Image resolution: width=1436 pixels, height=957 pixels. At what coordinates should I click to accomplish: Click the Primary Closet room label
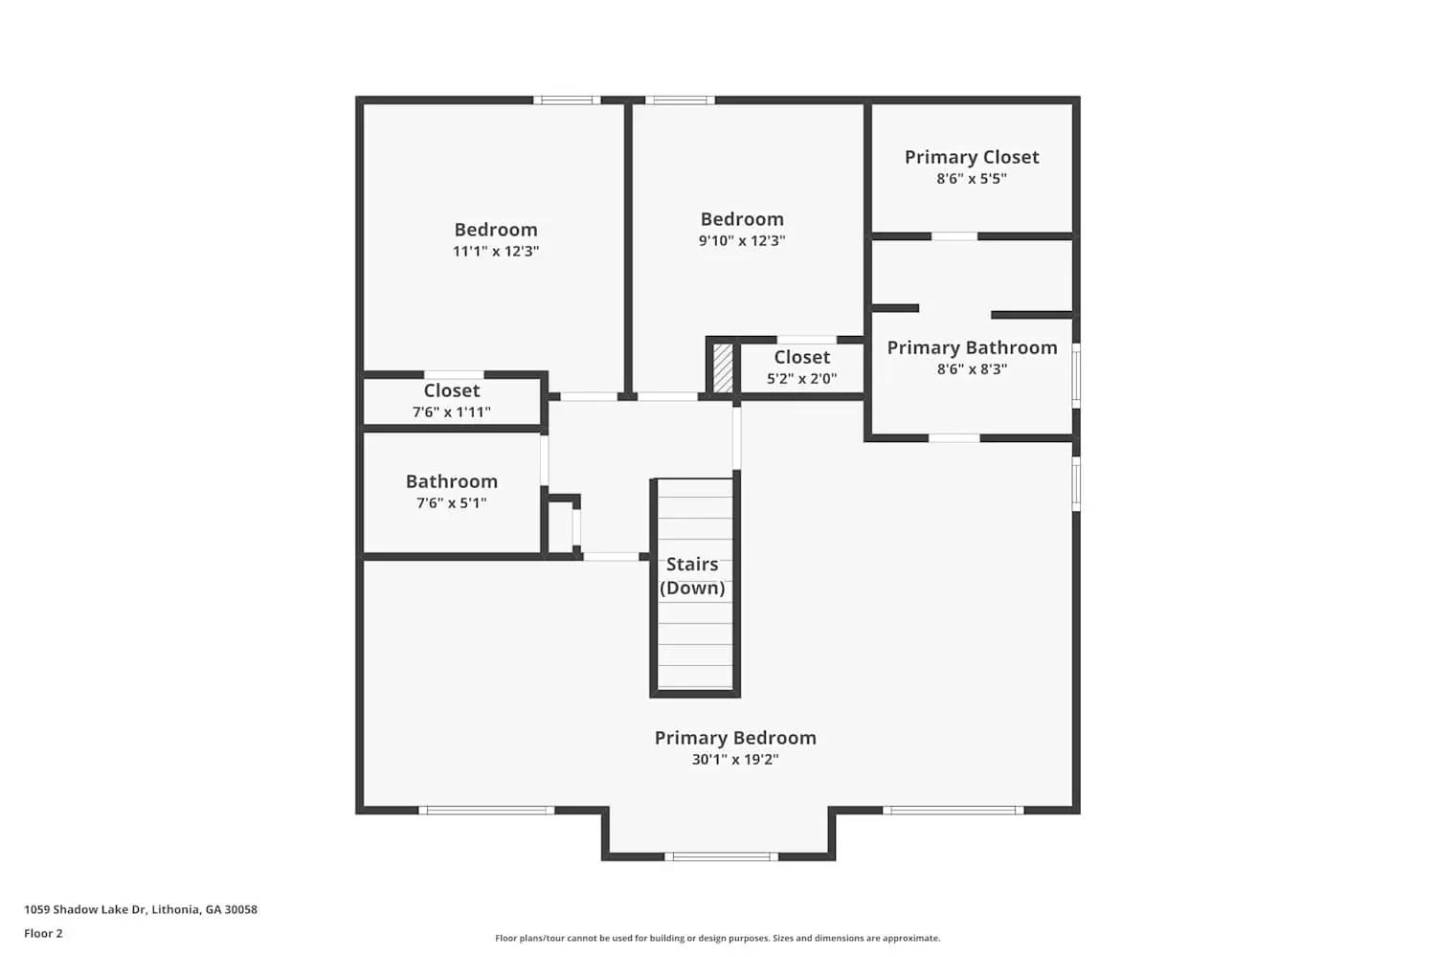tap(972, 157)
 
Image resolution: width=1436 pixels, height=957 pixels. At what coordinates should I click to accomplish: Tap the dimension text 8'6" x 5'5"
tap(972, 179)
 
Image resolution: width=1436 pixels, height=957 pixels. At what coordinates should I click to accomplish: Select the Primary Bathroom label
tap(972, 347)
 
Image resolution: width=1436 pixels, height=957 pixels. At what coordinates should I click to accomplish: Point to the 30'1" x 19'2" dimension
tap(735, 760)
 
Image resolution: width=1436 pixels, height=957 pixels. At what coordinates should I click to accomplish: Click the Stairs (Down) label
tap(692, 576)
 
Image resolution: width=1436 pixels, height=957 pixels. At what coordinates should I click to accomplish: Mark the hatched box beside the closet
tap(724, 367)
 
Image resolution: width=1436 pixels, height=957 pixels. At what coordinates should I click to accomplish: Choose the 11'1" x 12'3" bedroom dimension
tap(496, 252)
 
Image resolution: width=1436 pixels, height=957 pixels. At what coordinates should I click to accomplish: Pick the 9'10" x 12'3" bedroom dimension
tap(742, 241)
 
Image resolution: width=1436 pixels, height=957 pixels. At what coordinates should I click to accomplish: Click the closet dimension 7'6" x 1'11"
tap(452, 412)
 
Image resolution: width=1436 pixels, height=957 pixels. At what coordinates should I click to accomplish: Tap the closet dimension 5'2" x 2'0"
tap(802, 379)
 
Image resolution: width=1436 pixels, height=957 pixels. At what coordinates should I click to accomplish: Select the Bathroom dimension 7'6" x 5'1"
tap(452, 503)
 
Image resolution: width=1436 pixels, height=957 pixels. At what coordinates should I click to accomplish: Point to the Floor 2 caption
tap(43, 934)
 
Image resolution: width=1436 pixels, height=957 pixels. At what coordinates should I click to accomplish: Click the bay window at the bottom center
tap(721, 857)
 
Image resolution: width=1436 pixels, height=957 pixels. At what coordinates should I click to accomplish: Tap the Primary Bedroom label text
tap(735, 738)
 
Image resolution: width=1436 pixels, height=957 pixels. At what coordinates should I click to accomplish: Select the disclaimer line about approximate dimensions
tap(717, 939)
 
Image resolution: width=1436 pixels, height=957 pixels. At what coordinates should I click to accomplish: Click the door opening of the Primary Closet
tap(954, 236)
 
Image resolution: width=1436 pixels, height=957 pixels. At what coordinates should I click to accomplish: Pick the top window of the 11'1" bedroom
tap(567, 100)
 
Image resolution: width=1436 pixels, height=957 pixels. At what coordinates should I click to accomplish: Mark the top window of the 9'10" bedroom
tap(680, 100)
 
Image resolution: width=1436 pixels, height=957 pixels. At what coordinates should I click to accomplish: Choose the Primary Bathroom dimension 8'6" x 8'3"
tap(972, 369)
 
